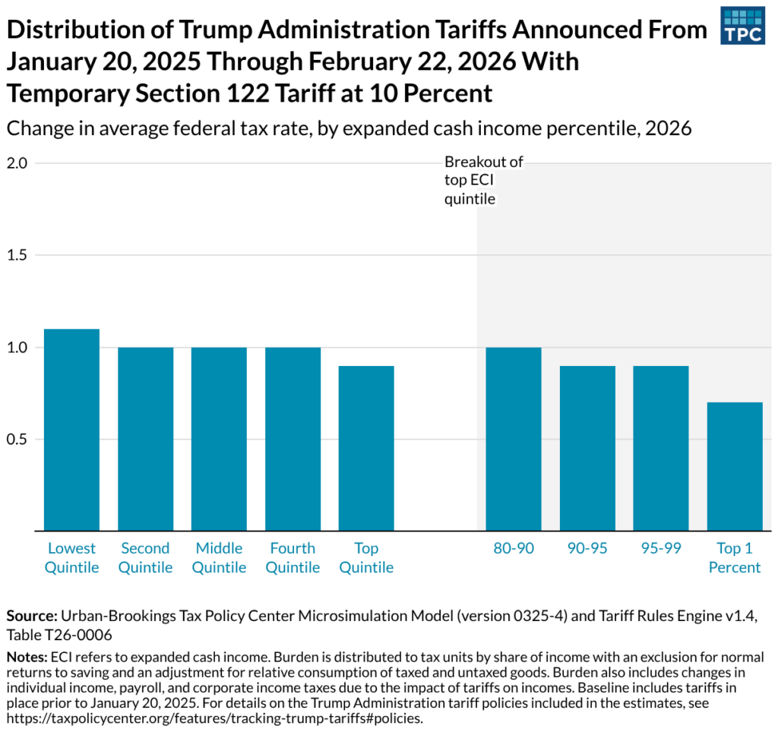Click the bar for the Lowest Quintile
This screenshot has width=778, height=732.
(x=71, y=430)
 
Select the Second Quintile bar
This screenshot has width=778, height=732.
(x=145, y=439)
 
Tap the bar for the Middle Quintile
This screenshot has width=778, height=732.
(x=219, y=439)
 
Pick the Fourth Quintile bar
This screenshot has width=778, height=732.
(x=293, y=439)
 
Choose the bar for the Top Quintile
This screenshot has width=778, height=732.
(x=366, y=448)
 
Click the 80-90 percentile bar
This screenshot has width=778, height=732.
(x=514, y=439)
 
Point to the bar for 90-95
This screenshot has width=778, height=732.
(x=587, y=448)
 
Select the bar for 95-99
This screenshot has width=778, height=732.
(x=660, y=448)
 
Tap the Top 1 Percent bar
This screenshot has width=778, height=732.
(x=735, y=466)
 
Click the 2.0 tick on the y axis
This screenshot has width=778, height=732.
(x=17, y=163)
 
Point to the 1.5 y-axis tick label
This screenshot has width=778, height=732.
(x=17, y=255)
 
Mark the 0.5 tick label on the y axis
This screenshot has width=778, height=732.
(x=17, y=440)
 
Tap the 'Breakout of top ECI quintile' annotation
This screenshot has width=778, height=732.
(x=483, y=181)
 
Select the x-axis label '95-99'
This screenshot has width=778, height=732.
(x=660, y=548)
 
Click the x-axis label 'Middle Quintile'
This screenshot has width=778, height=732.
(x=219, y=557)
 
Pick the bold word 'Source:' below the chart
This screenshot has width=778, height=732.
(x=32, y=616)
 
